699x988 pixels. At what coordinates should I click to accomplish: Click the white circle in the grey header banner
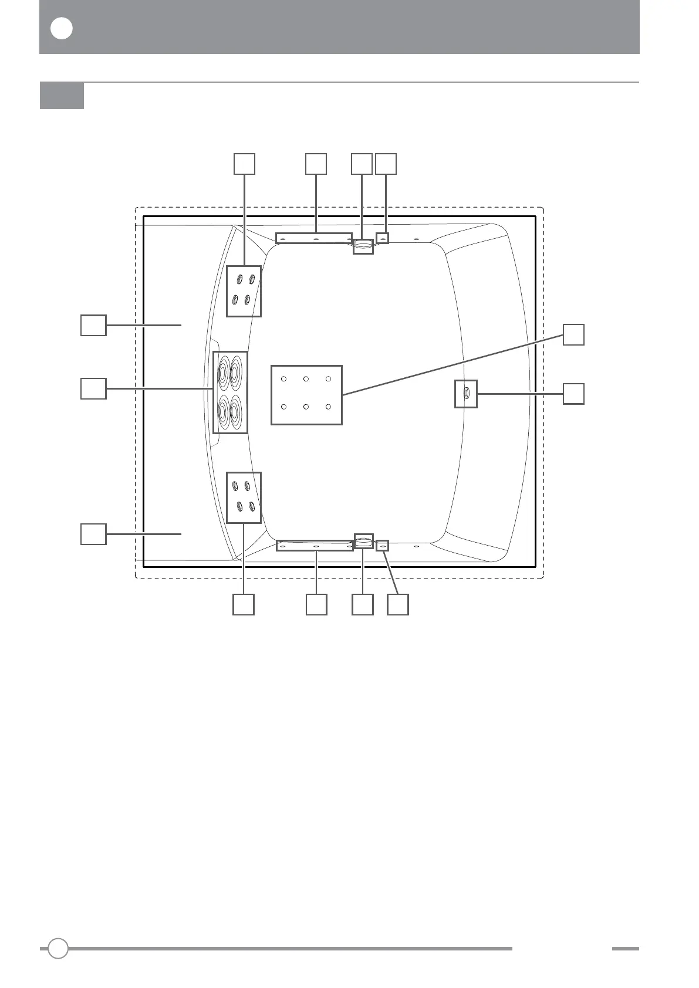[62, 29]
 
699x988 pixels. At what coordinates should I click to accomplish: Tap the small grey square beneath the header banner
[62, 96]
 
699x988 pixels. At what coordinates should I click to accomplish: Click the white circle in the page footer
[58, 948]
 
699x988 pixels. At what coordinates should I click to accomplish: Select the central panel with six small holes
[306, 395]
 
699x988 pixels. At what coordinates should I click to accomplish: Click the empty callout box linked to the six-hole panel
[573, 334]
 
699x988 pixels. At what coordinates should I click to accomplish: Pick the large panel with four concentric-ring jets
[230, 393]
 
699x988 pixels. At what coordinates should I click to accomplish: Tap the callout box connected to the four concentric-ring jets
[93, 388]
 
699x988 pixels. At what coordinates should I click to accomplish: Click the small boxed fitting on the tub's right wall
[466, 393]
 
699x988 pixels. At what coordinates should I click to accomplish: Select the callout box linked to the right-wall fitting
[573, 394]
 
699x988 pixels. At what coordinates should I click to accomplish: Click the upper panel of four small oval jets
[244, 291]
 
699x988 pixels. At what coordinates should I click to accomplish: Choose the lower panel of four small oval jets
[244, 498]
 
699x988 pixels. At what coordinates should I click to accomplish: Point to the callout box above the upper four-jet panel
[244, 164]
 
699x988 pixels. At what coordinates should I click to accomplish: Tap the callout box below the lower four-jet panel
[244, 604]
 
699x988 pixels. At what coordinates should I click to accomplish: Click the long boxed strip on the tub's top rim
[314, 238]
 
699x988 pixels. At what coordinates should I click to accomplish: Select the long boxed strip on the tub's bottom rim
[315, 546]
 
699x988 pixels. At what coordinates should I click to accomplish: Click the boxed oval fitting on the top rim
[363, 246]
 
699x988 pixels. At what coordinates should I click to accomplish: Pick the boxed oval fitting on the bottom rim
[363, 541]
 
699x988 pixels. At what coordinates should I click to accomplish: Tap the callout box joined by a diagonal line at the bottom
[398, 604]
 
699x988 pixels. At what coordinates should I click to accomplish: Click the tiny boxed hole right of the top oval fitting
[382, 238]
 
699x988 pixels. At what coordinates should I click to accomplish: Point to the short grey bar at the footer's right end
[625, 948]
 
